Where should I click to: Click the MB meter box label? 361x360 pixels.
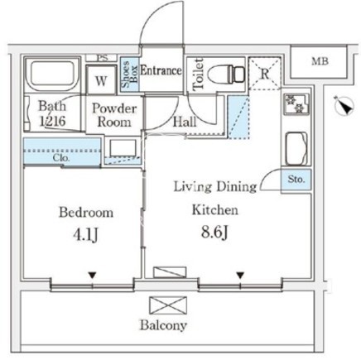click(320, 61)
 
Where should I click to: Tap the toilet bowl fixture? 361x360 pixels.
click(225, 74)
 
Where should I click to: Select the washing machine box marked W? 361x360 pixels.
click(101, 80)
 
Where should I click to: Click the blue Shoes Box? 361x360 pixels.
click(129, 74)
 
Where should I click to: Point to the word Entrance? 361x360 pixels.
click(161, 70)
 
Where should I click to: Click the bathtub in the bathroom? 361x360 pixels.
click(52, 74)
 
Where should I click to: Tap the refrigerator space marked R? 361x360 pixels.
click(264, 73)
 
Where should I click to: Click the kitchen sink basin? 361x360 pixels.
click(296, 148)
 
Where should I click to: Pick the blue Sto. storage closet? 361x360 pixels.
click(296, 180)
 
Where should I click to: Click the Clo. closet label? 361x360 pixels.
click(61, 158)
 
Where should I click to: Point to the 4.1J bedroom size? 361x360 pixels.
click(85, 235)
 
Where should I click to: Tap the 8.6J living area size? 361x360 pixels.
click(214, 233)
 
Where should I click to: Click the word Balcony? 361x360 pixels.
click(163, 325)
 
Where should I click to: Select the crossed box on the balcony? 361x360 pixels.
click(168, 305)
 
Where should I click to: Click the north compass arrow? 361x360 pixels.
click(344, 105)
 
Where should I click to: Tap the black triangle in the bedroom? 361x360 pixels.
click(92, 275)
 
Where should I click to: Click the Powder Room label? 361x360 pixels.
click(114, 115)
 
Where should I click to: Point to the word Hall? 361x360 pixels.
click(185, 122)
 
